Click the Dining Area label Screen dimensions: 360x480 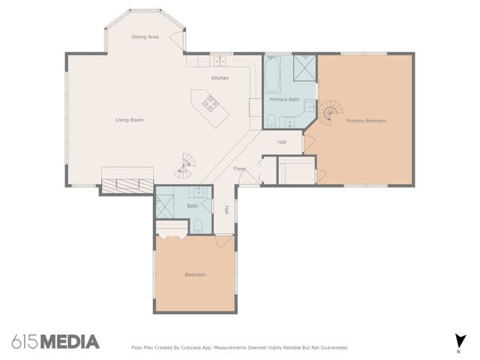coord(145,37)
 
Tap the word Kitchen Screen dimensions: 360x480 coord(219,78)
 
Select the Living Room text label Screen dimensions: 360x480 coord(129,120)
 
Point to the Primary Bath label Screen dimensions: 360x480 coord(284,99)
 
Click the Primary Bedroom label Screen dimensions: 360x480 coord(366,120)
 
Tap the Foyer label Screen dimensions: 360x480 coord(240,169)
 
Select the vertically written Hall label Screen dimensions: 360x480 coord(226,210)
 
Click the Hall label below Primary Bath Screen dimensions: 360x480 coord(282,142)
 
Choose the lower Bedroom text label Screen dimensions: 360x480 coord(195,274)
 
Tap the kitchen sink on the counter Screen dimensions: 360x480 coord(219,61)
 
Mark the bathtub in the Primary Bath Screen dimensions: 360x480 coord(272,74)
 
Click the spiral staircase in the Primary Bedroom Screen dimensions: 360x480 coord(327,115)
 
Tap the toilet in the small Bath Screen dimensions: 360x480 coord(197,226)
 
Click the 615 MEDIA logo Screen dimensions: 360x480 coord(55,342)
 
